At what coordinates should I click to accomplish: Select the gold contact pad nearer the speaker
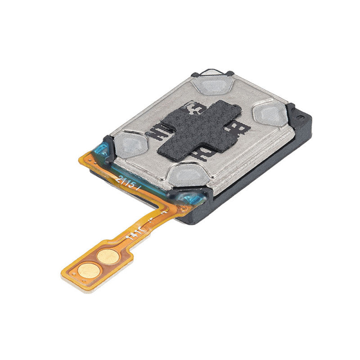click(108, 257)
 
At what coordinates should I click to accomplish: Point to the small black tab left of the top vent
click(194, 75)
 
